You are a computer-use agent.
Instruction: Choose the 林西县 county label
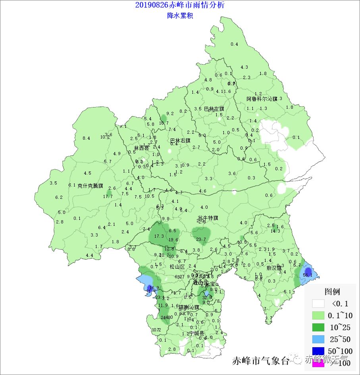[x=141, y=148]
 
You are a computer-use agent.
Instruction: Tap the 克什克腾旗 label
[x=90, y=186]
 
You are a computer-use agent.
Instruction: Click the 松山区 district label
[x=177, y=267]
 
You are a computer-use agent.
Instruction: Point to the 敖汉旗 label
[x=274, y=268]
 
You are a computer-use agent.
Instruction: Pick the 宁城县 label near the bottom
[x=196, y=333]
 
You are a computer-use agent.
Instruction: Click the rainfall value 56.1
[x=308, y=275]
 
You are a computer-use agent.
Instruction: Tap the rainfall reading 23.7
[x=201, y=239]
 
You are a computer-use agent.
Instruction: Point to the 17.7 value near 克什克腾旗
[x=108, y=196]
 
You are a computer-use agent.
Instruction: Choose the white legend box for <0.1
[x=318, y=304]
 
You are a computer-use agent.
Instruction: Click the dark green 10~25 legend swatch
[x=318, y=327]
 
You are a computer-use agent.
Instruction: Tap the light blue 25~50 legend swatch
[x=318, y=339]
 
